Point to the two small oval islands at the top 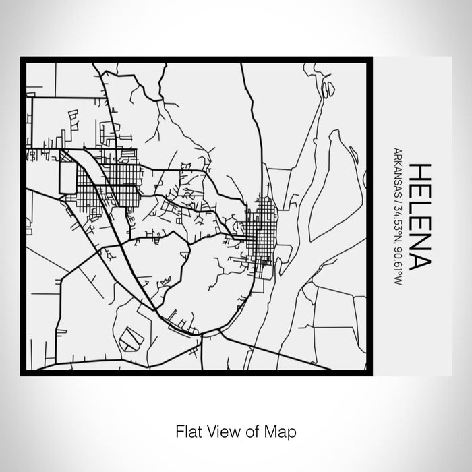click(328, 88)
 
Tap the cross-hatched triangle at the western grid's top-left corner click(65, 156)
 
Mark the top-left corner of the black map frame click(22, 59)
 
